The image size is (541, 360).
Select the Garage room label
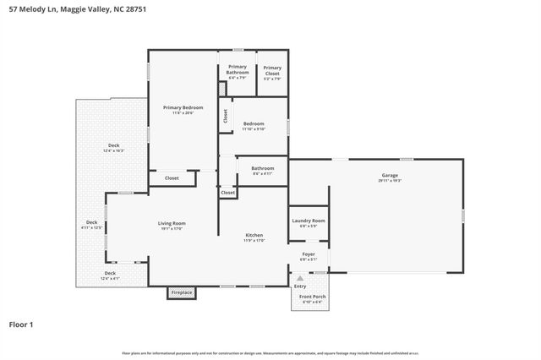[390, 177]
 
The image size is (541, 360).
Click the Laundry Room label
[308, 222]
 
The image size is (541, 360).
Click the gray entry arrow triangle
[301, 279]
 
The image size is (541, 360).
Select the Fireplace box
[182, 292]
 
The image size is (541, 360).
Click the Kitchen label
[255, 237]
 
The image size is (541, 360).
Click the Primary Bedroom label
[183, 109]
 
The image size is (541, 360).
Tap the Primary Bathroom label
[238, 71]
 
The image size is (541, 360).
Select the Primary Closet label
[272, 70]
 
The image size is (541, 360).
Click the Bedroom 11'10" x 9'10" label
[254, 125]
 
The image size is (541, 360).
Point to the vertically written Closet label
[226, 116]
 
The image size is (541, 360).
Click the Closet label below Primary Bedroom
[172, 178]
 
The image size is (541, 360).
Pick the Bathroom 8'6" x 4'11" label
[263, 170]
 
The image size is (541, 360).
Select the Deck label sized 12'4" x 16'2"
[113, 148]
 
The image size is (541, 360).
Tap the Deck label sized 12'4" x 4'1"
[110, 275]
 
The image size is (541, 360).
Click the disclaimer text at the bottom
[270, 354]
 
